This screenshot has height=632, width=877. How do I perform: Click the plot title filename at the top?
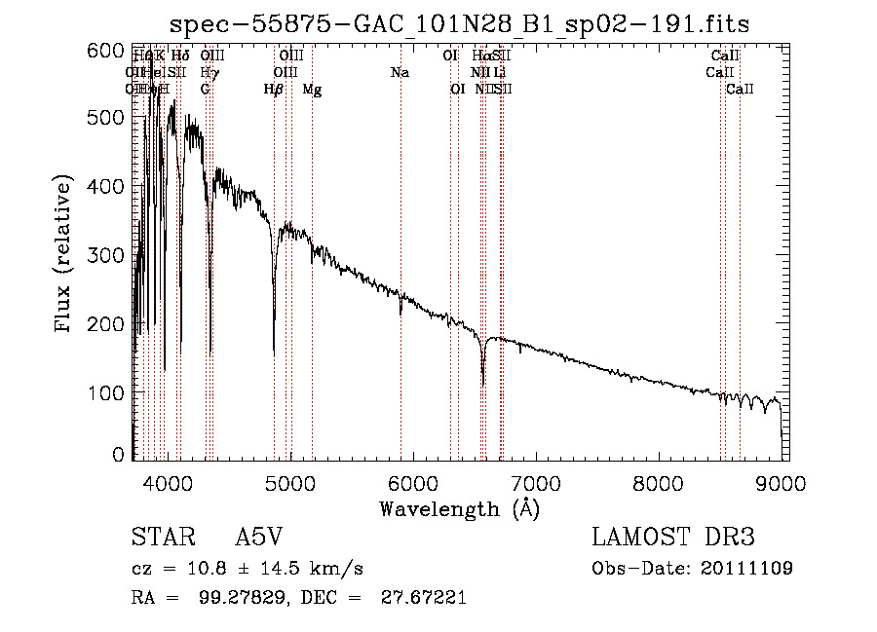pos(459,23)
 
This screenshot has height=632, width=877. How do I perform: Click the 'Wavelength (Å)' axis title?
pos(459,508)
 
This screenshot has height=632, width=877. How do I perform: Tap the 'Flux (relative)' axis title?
pos(64,255)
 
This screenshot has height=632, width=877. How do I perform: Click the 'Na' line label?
pos(400,73)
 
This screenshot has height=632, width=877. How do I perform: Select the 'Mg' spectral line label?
pos(312,90)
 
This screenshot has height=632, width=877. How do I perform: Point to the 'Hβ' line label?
pos(274,90)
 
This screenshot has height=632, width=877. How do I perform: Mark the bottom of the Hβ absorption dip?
pos(274,352)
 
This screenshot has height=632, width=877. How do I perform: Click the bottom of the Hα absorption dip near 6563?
pos(483,384)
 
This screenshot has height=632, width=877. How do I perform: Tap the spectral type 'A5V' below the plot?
pos(258,539)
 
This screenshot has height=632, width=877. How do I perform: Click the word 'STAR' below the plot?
pos(158,539)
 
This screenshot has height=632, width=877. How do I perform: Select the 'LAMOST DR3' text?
pos(672,539)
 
